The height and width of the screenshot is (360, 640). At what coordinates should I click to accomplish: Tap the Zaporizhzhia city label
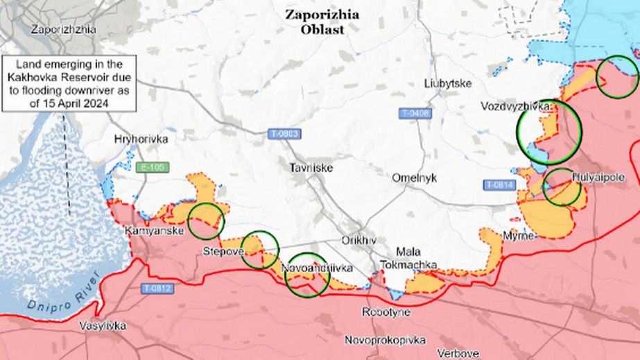click(x=63, y=29)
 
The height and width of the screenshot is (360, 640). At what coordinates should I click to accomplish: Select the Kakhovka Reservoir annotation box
click(x=69, y=83)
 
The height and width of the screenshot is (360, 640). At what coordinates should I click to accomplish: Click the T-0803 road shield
click(x=284, y=132)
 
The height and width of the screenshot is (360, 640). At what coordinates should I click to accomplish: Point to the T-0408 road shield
click(x=415, y=112)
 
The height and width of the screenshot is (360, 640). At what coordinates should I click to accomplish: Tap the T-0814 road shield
click(x=499, y=185)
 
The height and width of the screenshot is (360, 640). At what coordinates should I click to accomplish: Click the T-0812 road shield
click(x=158, y=288)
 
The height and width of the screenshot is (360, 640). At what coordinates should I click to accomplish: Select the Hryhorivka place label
click(x=141, y=139)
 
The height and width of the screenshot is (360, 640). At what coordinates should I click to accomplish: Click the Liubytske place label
click(x=448, y=83)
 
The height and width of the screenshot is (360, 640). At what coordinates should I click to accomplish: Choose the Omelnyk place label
click(x=414, y=178)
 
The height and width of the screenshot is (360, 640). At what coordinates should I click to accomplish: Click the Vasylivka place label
click(x=103, y=325)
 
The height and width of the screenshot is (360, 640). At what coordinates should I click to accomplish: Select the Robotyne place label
click(x=386, y=312)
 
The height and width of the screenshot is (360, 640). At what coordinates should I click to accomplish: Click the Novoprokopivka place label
click(x=385, y=340)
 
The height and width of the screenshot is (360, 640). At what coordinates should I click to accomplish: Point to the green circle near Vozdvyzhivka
click(x=549, y=132)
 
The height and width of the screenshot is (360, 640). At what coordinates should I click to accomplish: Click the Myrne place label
click(x=519, y=237)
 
